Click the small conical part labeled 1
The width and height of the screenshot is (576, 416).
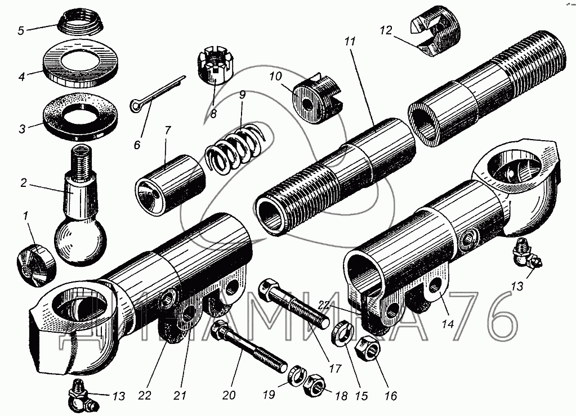coord(34,263)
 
